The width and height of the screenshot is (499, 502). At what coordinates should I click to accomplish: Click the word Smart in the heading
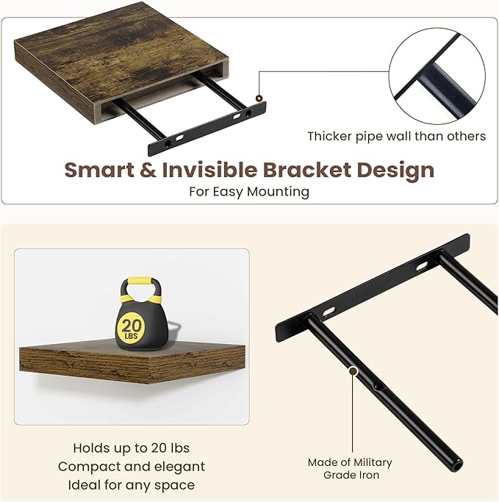pos(101,170)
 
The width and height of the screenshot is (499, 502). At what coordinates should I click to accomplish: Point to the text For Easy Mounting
pos(249,192)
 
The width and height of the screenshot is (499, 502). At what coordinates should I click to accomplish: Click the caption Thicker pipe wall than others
pos(396,136)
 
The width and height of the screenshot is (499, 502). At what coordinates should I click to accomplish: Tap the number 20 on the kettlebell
pos(132,324)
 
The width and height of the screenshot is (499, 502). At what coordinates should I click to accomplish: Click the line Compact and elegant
pos(132,466)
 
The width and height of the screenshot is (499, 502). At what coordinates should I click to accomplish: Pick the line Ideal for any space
pos(132,484)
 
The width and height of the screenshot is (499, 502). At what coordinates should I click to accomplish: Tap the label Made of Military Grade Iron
pos(349,468)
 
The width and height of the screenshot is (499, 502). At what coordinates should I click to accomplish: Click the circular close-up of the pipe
pos(437,76)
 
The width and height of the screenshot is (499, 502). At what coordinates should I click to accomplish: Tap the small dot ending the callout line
pos(259,97)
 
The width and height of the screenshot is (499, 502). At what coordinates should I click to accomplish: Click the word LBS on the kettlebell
pos(132,336)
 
